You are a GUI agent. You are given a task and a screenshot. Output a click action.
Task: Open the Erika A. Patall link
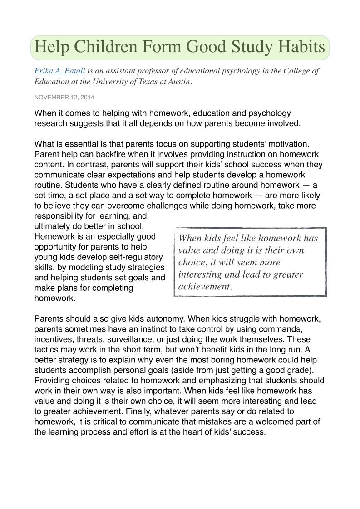point(60,71)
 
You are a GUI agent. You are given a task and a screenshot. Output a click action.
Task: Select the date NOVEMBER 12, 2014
point(64,97)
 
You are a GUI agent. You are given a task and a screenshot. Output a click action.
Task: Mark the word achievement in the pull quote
point(204,287)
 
